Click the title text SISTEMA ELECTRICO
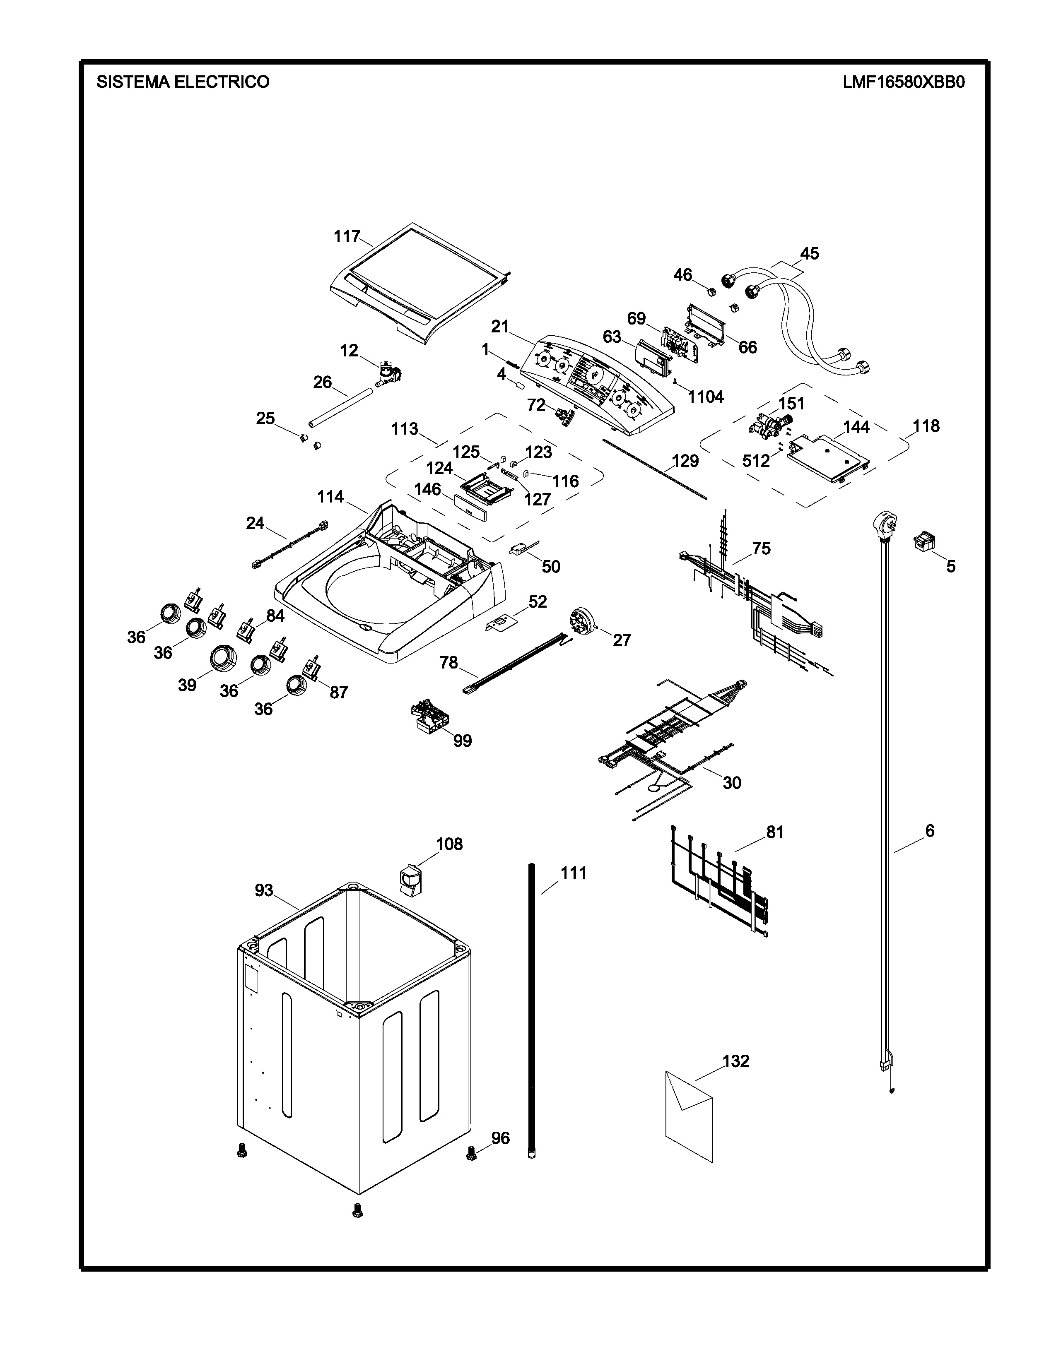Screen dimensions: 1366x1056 [x=183, y=82]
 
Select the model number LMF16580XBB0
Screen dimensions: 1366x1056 [x=903, y=82]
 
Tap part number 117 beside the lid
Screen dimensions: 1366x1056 [x=347, y=236]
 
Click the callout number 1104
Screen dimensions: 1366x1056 [x=706, y=397]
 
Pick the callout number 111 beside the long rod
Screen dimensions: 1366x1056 [x=573, y=873]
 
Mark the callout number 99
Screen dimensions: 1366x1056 [x=462, y=741]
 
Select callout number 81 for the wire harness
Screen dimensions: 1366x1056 [x=774, y=832]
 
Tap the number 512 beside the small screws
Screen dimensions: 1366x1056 [x=756, y=461]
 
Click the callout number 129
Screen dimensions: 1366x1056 [x=685, y=461]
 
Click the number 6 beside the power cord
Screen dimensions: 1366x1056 [x=930, y=831]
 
